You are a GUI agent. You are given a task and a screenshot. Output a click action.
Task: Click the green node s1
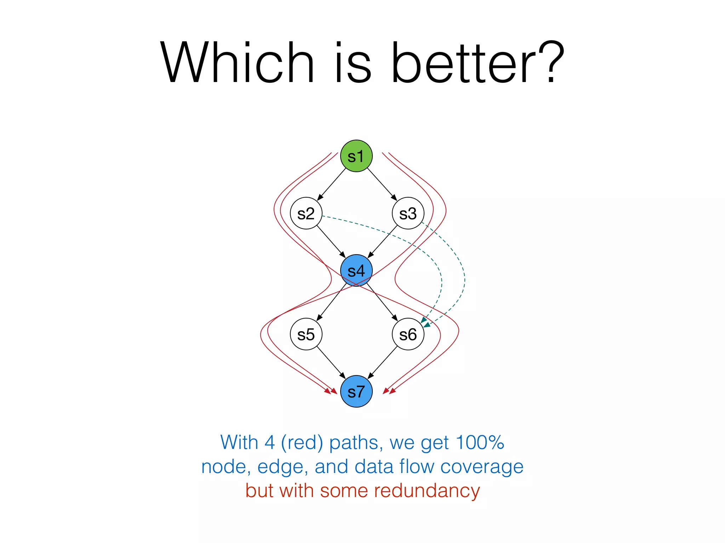tap(356, 156)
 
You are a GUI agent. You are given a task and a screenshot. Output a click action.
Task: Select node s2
tap(306, 213)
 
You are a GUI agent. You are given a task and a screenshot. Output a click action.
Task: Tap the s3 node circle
tap(408, 213)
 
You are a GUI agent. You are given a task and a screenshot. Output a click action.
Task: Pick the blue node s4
tap(356, 270)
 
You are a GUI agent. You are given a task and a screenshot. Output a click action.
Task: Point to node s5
tap(306, 334)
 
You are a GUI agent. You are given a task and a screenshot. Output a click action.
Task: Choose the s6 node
tap(408, 334)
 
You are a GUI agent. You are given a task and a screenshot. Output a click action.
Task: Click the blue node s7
tap(356, 391)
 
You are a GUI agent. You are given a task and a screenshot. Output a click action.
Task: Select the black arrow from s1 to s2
tap(332, 184)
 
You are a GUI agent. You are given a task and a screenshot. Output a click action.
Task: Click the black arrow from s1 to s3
tap(382, 184)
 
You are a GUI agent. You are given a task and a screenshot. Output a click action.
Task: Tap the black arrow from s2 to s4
tap(331, 241)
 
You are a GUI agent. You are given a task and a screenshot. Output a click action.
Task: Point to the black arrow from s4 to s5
tap(332, 302)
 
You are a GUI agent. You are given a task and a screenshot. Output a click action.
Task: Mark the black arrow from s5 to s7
tap(331, 362)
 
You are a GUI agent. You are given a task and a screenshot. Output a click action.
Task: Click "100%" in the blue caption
tap(480, 442)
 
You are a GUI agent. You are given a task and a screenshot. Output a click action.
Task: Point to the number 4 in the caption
tap(270, 442)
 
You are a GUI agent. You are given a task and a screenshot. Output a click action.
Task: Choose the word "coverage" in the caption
tap(482, 467)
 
